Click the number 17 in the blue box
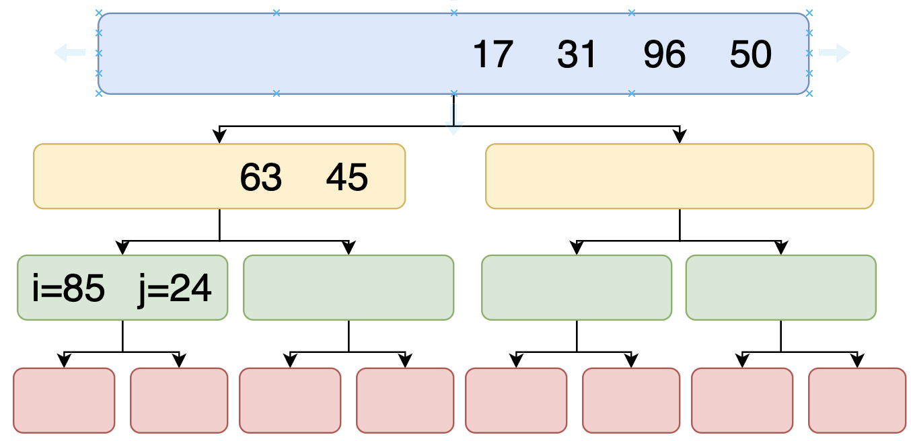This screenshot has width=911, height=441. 493,54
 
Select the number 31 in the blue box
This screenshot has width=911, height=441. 577,54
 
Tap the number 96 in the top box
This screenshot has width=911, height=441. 665,54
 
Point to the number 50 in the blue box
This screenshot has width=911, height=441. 750,54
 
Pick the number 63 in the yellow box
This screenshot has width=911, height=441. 260,177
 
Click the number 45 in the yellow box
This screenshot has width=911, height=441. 347,177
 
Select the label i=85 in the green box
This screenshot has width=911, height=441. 69,288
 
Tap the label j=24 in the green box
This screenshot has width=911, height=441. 174,289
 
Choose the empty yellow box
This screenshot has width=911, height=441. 680,176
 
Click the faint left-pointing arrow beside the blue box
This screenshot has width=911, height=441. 69,53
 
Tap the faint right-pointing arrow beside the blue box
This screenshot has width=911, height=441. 834,53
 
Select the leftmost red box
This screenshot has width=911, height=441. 64,401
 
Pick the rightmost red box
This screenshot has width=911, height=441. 857,401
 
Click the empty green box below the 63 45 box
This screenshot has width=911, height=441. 349,288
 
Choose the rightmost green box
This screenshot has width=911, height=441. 781,288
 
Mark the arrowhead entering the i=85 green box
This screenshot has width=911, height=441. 122,248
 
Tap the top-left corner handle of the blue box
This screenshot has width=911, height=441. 99,13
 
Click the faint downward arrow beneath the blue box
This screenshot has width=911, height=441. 454,120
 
